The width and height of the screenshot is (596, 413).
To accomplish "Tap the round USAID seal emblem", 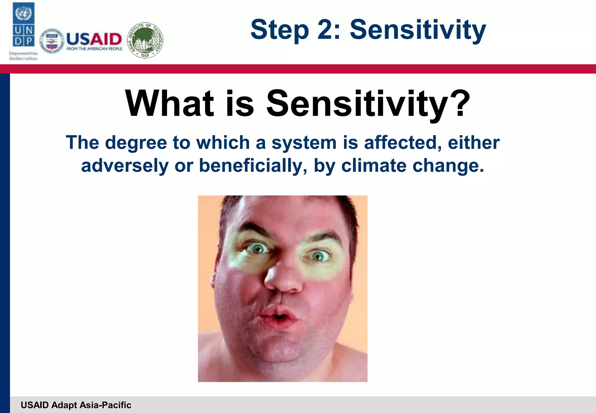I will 52,41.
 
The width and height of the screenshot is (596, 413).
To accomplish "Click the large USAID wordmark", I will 94,39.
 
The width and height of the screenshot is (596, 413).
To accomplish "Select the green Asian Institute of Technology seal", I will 146,40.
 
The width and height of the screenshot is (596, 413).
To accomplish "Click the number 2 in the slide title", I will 326,29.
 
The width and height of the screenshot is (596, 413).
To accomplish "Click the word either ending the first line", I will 473,143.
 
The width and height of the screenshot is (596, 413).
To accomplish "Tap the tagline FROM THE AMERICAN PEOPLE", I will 94,49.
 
